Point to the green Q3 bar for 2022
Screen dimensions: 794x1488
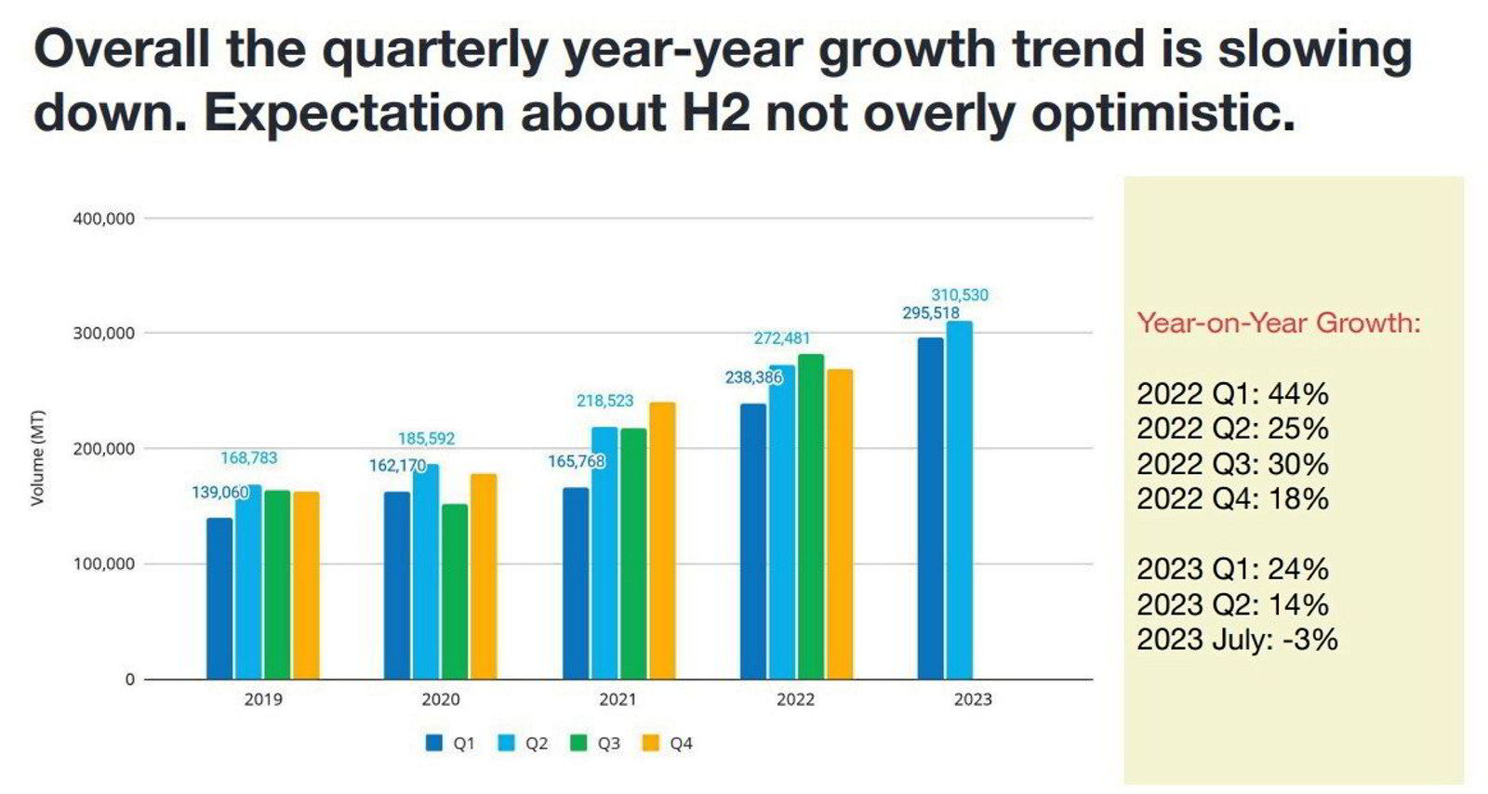coord(811,516)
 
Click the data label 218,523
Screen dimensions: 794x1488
coord(604,401)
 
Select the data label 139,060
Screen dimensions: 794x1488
coord(220,492)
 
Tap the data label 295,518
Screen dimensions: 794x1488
coord(930,313)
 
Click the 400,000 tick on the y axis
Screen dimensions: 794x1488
coord(103,218)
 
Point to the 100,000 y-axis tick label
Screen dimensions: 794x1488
coord(103,563)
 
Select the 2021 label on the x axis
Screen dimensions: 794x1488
coord(618,699)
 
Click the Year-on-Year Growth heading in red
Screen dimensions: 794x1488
coord(1279,324)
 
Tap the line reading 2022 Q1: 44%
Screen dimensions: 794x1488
coord(1232,393)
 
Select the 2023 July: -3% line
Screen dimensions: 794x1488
coord(1237,640)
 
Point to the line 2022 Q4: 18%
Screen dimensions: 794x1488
coord(1232,499)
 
